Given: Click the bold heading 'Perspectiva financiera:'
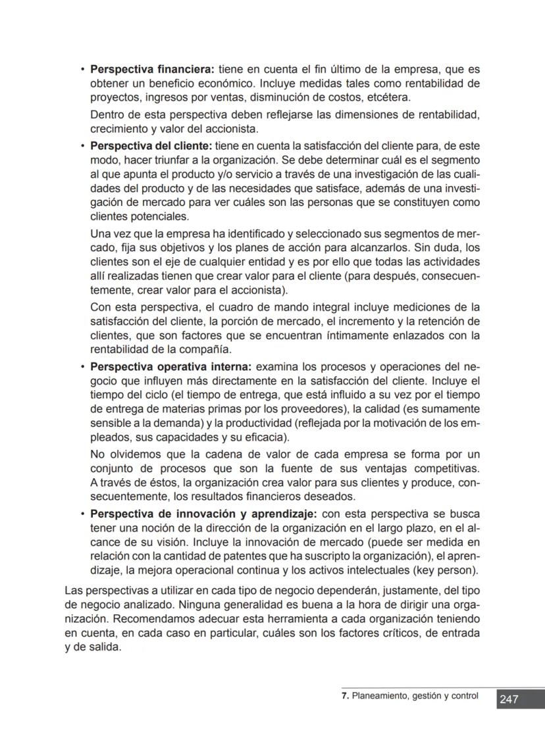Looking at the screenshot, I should [x=152, y=69].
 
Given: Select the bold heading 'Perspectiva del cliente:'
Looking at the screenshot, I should [x=151, y=145].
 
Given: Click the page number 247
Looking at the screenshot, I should [x=509, y=699].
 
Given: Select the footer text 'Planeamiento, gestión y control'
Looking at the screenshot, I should [x=415, y=696].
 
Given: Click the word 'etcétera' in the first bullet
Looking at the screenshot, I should [x=390, y=98].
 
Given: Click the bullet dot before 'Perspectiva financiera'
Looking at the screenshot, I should [x=82, y=69].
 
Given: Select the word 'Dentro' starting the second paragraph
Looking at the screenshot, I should [x=105, y=115].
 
